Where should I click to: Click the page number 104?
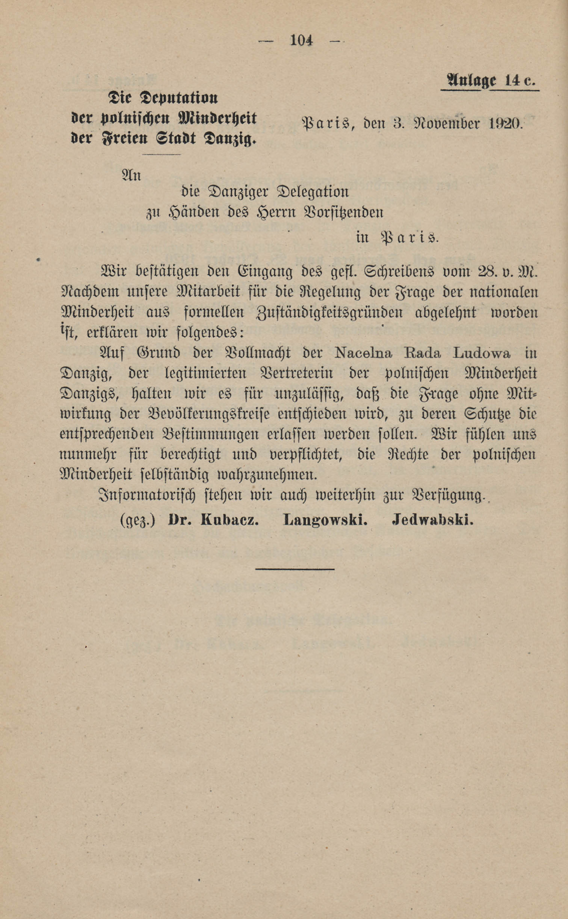[x=301, y=40]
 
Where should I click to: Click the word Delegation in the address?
[x=313, y=192]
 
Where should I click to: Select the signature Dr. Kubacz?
[x=213, y=520]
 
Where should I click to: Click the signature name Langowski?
[x=325, y=520]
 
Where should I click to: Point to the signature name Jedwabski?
[x=432, y=520]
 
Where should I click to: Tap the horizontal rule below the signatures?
[x=295, y=569]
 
